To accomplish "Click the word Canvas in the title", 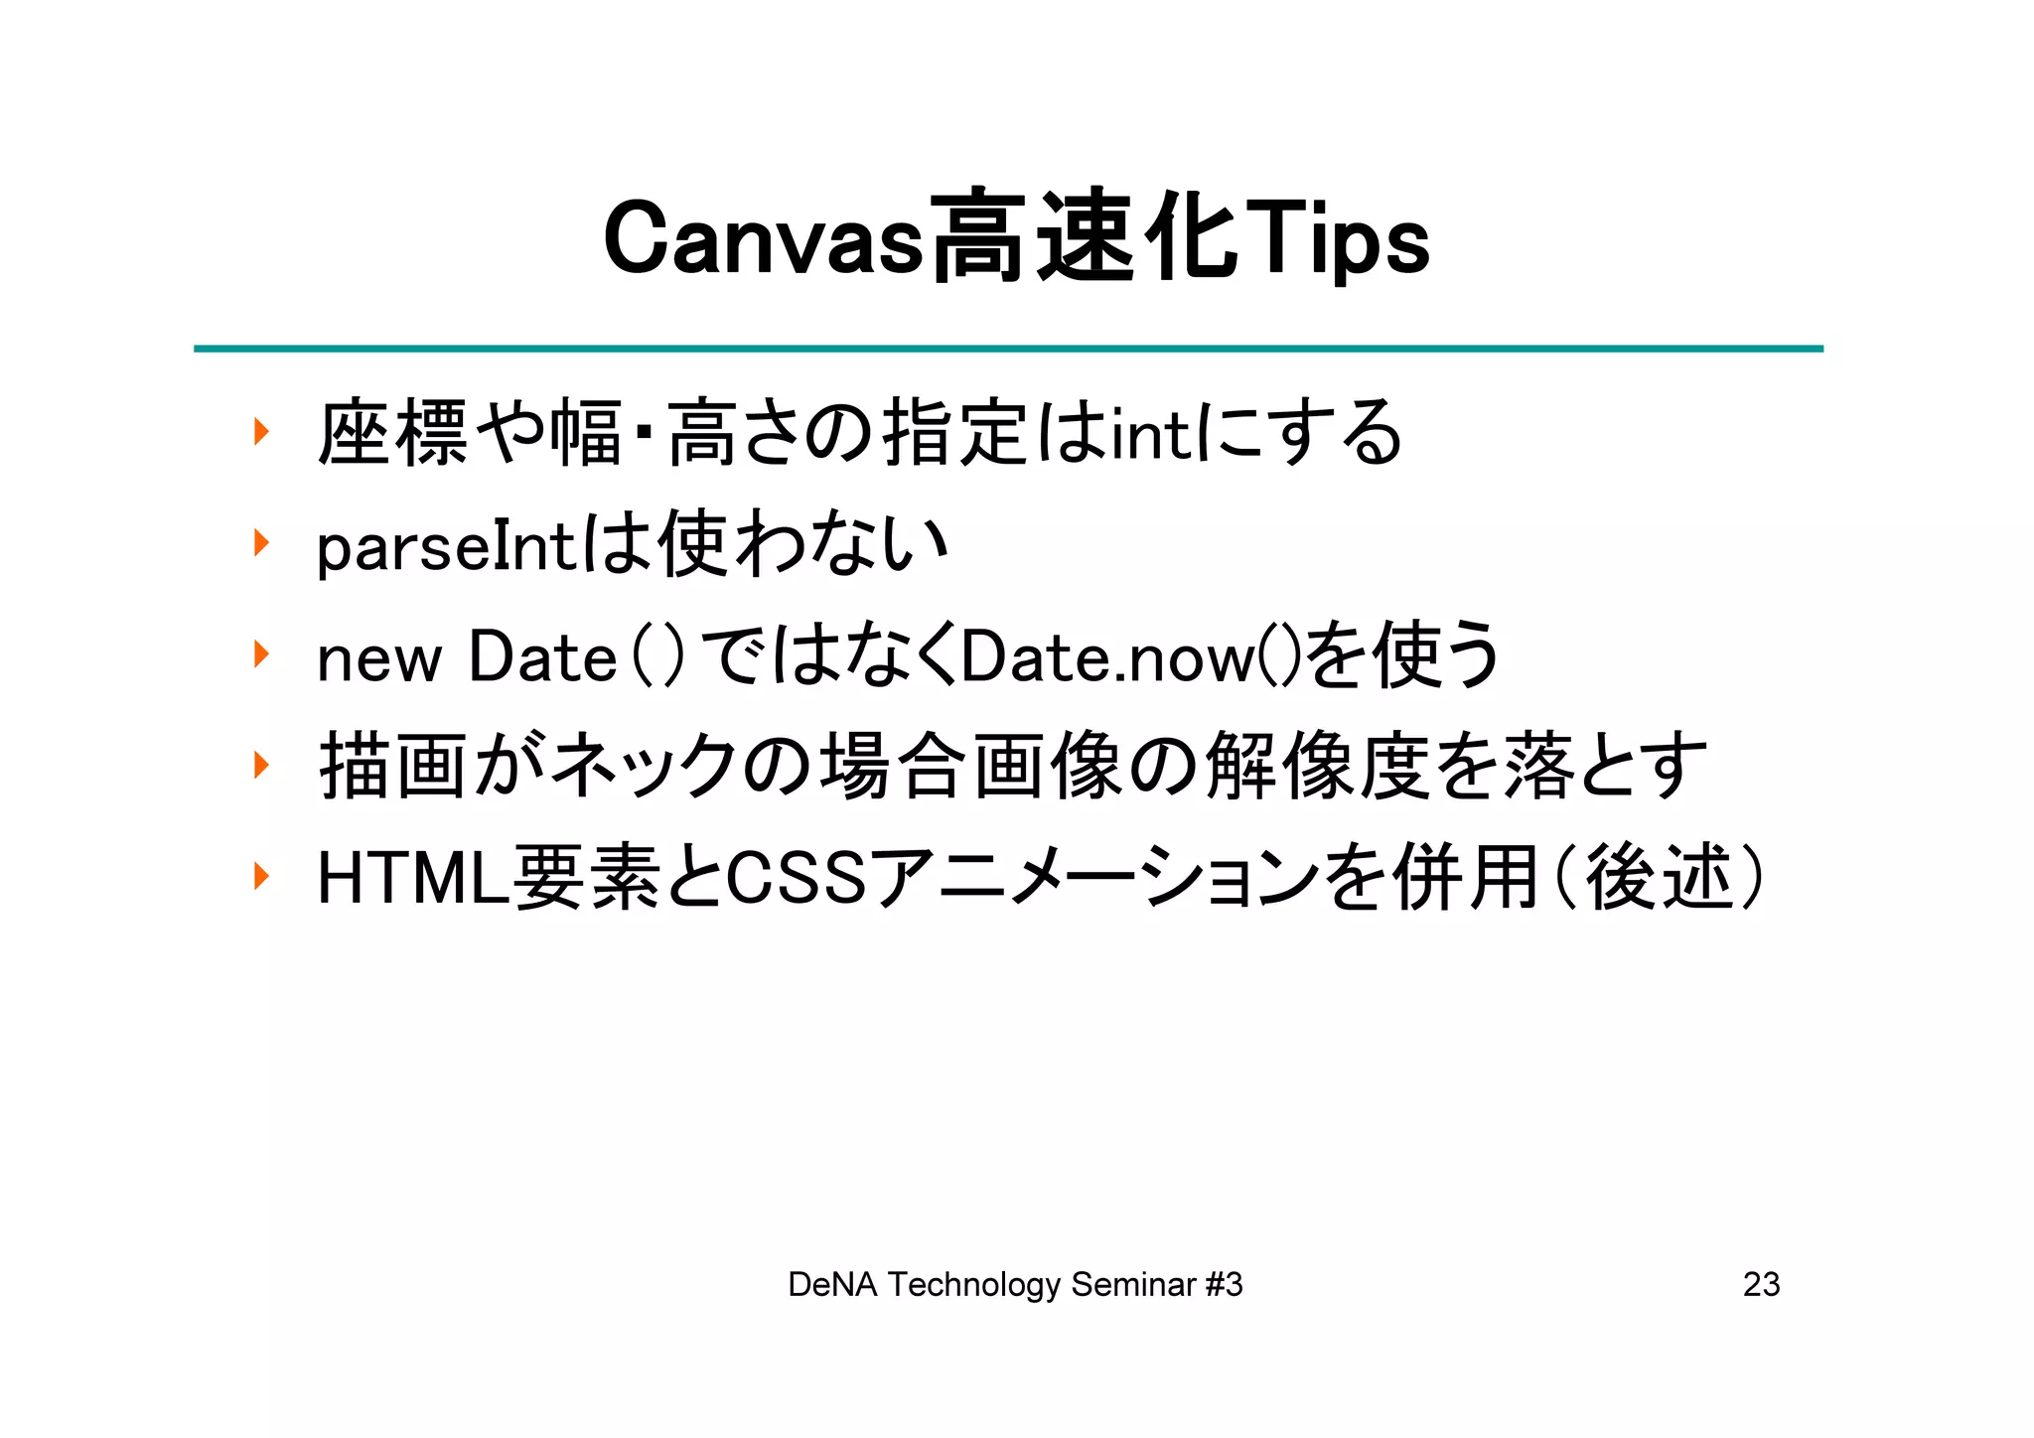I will [763, 239].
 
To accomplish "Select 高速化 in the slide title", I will [1085, 239].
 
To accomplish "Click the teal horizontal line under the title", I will [1008, 349].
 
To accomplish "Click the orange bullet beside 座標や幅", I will [261, 432].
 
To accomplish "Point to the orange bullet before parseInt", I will [261, 543].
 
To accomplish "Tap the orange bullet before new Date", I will [261, 654].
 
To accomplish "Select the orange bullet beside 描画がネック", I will [261, 765].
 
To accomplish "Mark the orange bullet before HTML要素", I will [261, 876].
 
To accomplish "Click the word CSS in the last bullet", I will [798, 879].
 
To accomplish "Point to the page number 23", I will [1761, 1285].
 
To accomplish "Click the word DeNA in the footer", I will [832, 1285].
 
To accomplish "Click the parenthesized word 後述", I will [1659, 879].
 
